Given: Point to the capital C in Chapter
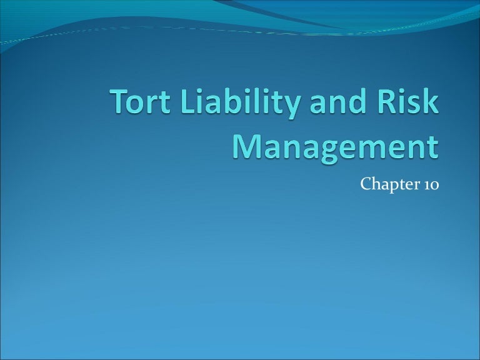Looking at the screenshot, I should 366,185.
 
